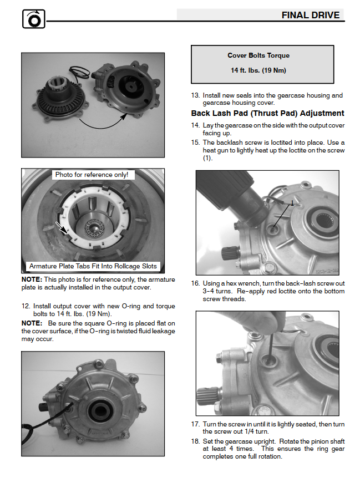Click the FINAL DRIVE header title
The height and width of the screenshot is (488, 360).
coord(310,15)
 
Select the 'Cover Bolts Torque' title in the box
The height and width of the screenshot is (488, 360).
coord(258,55)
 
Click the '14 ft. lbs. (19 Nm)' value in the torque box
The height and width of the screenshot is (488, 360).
coord(258,70)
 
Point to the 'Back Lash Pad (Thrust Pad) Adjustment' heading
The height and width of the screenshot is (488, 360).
coord(267,113)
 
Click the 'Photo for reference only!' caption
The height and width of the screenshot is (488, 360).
coord(92,175)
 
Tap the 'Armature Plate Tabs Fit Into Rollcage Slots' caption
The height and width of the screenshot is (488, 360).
coord(93,266)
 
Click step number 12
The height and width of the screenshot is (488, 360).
coord(26,306)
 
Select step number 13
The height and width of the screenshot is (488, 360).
coord(195,95)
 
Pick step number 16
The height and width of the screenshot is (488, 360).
coord(195,283)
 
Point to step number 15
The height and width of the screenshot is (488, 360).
coord(195,143)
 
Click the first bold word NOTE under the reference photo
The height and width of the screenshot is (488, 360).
coord(32,279)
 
